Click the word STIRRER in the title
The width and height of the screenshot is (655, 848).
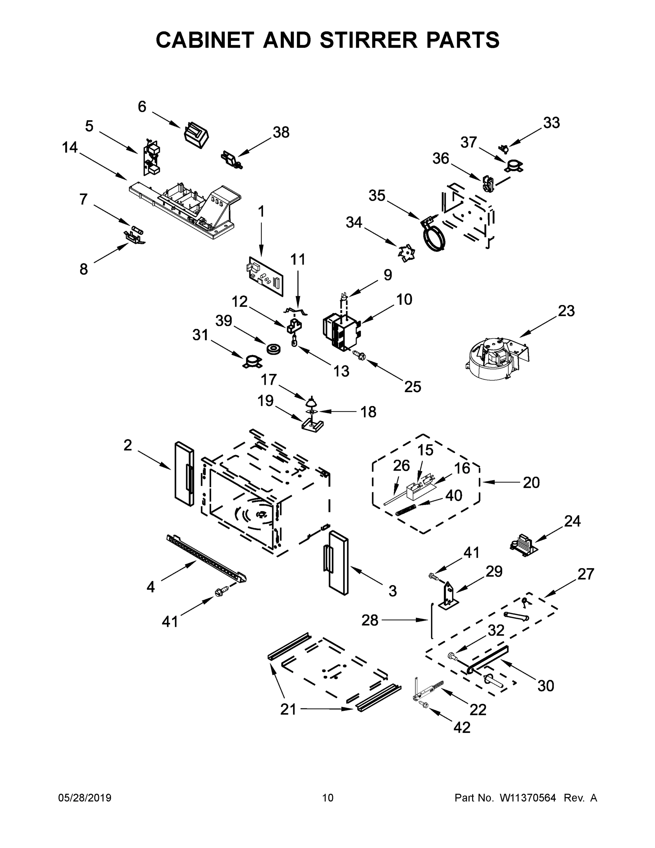(370, 40)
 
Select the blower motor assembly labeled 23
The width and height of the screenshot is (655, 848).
(495, 358)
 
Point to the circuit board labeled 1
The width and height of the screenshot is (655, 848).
(266, 276)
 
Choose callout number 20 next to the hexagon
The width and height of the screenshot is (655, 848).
(531, 482)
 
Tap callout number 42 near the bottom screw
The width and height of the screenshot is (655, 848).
(462, 727)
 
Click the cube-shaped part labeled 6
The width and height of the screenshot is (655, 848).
(196, 135)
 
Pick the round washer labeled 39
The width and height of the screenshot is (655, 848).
(274, 348)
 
